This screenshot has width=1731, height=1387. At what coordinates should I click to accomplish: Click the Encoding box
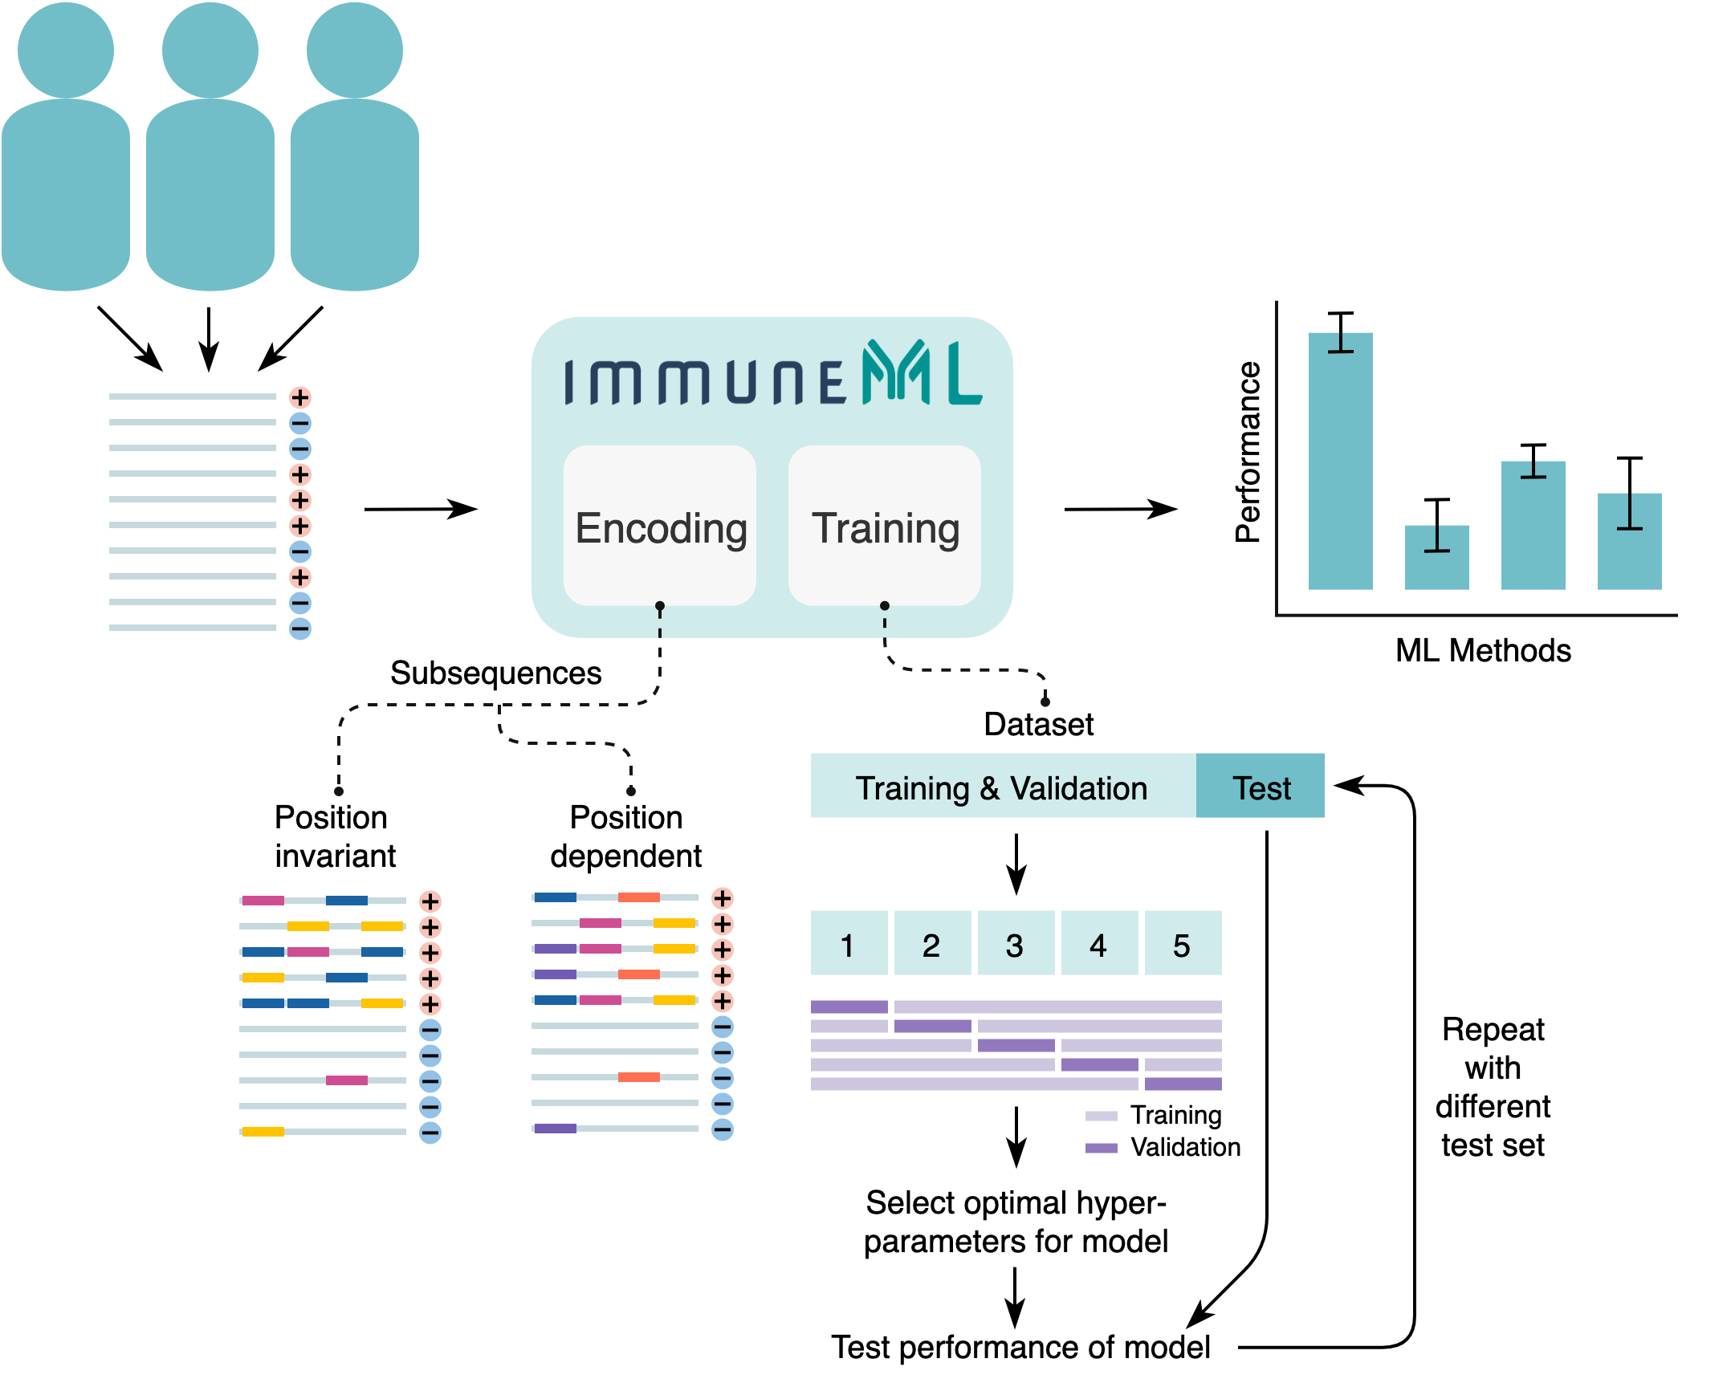(x=660, y=526)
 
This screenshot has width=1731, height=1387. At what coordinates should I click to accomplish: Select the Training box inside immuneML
(x=885, y=526)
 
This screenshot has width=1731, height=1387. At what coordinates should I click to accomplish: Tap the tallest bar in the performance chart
(x=1340, y=462)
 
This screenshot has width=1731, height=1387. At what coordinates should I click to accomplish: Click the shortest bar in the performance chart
(x=1436, y=558)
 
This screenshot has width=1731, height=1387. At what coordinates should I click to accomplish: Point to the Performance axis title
(x=1248, y=452)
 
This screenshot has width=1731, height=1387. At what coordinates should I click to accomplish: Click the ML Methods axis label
(x=1483, y=650)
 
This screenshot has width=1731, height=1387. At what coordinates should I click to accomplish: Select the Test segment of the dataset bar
(x=1261, y=787)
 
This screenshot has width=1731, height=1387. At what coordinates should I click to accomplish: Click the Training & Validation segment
(x=1002, y=787)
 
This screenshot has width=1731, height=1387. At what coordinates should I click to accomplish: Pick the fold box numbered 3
(x=1016, y=944)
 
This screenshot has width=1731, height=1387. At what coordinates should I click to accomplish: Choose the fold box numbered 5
(x=1183, y=944)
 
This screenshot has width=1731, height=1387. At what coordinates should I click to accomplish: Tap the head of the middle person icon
(x=210, y=50)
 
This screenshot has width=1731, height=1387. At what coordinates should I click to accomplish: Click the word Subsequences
(x=495, y=673)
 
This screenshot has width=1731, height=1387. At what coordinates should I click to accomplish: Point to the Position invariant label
(x=334, y=836)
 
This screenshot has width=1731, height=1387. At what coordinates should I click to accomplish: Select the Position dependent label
(x=626, y=836)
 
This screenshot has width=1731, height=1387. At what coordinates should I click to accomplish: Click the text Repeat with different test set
(x=1493, y=1087)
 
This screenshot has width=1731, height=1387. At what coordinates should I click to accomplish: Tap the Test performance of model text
(x=1020, y=1347)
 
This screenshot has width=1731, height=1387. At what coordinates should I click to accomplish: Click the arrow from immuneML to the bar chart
(x=1120, y=509)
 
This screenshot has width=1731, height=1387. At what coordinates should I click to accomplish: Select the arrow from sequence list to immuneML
(x=421, y=509)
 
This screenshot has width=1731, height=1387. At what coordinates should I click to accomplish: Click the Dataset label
(x=1039, y=724)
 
